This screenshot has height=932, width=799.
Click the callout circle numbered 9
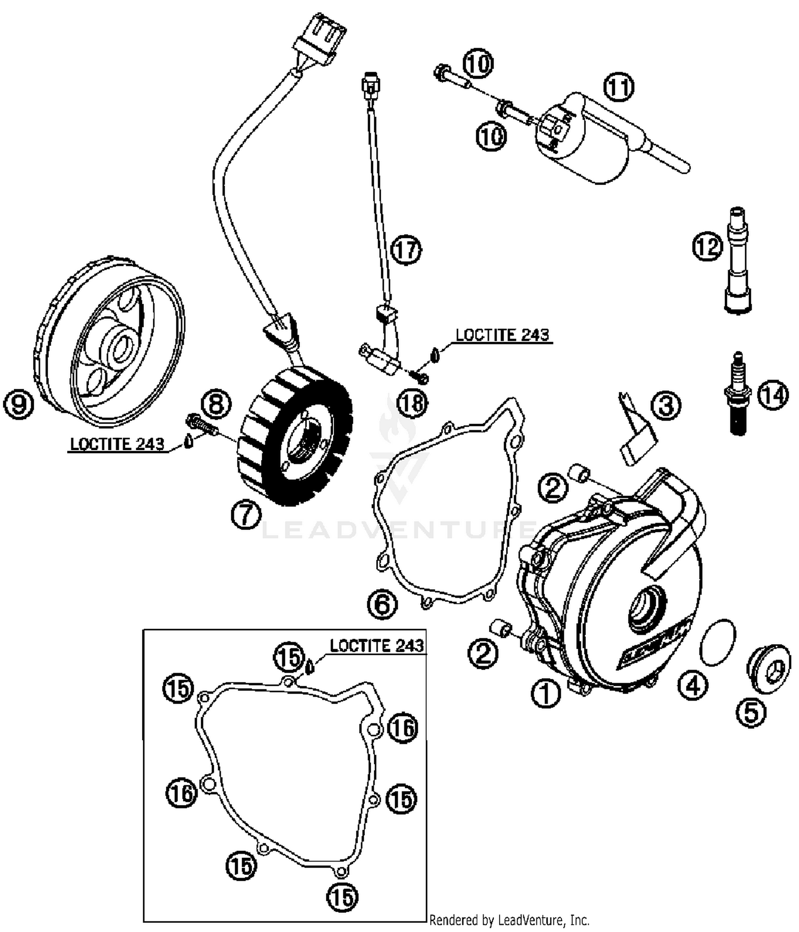tap(19, 405)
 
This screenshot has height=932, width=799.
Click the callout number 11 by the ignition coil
tap(619, 86)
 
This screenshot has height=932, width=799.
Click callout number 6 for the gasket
tap(382, 605)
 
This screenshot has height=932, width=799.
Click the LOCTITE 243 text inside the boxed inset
tap(377, 645)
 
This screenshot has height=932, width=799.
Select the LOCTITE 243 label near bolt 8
tap(117, 444)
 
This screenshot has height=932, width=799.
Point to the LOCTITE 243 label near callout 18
tap(502, 334)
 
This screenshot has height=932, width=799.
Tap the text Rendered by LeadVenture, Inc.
tap(509, 920)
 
